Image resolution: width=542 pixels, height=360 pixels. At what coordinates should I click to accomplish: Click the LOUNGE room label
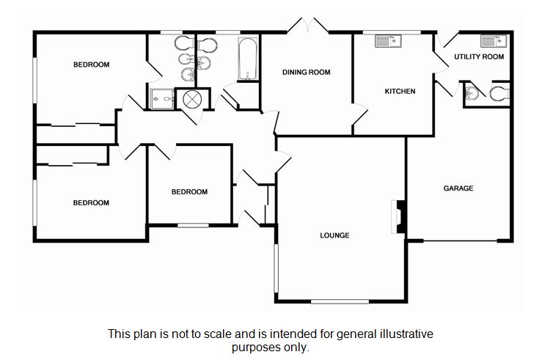click(334, 235)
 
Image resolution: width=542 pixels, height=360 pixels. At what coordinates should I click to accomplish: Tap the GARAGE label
click(458, 188)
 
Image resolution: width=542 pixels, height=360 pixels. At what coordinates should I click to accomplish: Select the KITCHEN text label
click(400, 92)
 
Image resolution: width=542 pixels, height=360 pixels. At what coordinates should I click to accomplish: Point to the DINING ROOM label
click(307, 72)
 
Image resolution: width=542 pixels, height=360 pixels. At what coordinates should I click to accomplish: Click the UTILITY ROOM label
click(479, 56)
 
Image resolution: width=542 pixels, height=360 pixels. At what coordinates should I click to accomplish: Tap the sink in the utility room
click(489, 41)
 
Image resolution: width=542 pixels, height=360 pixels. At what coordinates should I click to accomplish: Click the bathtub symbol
click(245, 59)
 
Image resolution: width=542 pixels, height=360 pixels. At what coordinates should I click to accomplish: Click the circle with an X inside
click(192, 98)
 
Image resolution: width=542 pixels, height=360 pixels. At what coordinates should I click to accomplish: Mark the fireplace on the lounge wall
click(399, 217)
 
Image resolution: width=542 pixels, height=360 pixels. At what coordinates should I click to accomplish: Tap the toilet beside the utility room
click(499, 93)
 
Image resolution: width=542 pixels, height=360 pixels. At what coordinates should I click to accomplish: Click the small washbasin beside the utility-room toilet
click(471, 93)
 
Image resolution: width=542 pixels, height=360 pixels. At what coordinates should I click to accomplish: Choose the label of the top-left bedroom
click(91, 65)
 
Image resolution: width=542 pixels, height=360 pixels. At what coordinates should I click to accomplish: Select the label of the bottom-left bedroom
click(91, 202)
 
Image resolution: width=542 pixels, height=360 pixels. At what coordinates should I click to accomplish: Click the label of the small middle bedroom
click(189, 192)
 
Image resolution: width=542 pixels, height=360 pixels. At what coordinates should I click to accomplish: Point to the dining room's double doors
click(307, 26)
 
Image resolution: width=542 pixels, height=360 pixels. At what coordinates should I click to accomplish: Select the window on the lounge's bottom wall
click(340, 301)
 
